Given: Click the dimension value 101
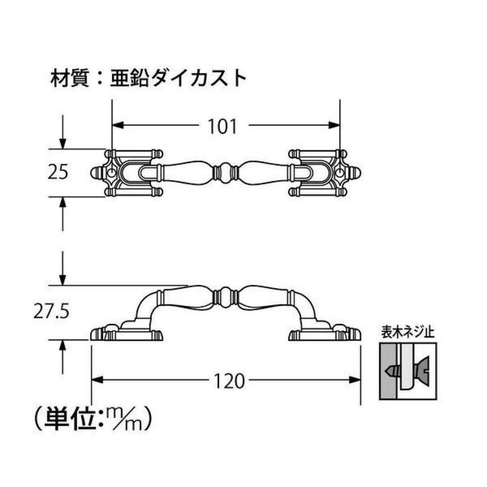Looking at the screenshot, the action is (222, 126).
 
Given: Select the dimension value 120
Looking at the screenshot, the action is (230, 381).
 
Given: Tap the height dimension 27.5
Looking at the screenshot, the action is (51, 312).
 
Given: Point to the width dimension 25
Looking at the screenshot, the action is (58, 172).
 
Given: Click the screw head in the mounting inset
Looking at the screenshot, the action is (423, 371).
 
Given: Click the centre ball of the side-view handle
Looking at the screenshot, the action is (226, 297).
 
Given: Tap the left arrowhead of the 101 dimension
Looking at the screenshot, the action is (118, 125).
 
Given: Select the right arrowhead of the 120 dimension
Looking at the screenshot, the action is (355, 380).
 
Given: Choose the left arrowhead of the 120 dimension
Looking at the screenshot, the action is (97, 380).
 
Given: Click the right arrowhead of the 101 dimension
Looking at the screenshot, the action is (334, 125).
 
